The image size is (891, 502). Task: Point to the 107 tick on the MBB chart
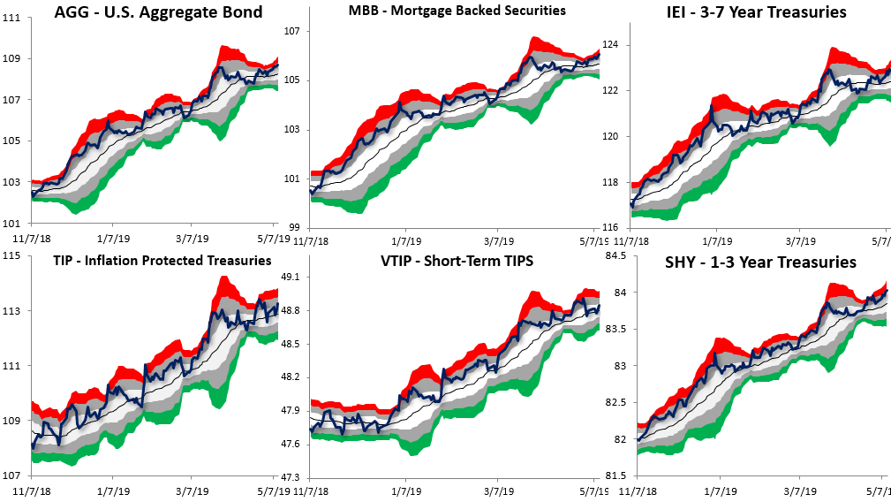click(293, 31)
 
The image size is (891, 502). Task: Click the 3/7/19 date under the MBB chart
click(500, 240)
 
